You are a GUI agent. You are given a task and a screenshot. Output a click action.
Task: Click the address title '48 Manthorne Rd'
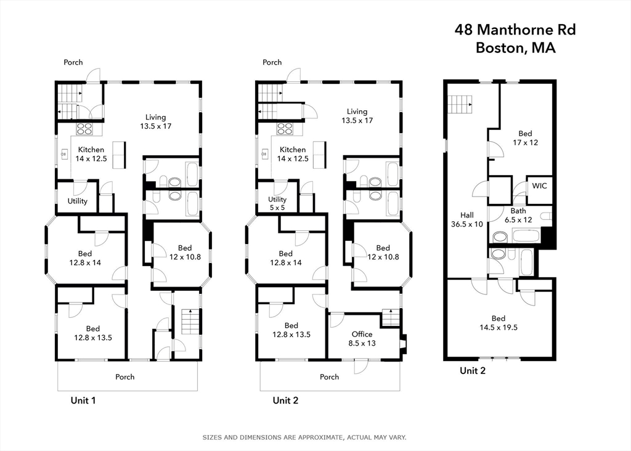pos(515,29)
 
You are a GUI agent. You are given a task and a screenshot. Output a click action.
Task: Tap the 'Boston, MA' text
pos(515,48)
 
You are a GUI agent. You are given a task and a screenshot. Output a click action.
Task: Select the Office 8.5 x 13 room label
pos(362,339)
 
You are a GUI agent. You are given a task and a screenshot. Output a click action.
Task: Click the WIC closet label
pos(539,185)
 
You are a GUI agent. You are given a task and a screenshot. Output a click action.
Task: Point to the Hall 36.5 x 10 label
pos(467,220)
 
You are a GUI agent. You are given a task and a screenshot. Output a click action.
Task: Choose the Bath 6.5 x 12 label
pos(519,215)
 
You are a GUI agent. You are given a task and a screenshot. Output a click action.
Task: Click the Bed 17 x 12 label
pos(524,138)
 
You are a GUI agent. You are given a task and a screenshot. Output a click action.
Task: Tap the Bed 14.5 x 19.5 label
pos(499,323)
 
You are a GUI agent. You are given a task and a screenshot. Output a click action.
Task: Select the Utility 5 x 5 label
pos(277,204)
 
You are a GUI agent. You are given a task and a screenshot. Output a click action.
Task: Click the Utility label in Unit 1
pos(78,201)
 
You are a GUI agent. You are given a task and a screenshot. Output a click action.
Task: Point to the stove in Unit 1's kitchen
pos(84,129)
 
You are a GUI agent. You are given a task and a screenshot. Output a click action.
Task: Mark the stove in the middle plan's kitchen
pos(285,129)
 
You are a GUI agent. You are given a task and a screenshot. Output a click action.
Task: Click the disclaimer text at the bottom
pos(304,437)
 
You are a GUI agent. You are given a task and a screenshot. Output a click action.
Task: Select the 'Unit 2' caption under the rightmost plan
pos(473,370)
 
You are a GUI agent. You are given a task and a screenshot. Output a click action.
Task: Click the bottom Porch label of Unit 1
pos(124,376)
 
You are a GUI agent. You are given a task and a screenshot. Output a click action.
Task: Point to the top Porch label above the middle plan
pos(272,62)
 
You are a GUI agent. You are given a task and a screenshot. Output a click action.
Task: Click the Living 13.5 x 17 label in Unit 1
pos(155,121)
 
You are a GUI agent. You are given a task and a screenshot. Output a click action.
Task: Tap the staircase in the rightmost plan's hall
pos(459,104)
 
